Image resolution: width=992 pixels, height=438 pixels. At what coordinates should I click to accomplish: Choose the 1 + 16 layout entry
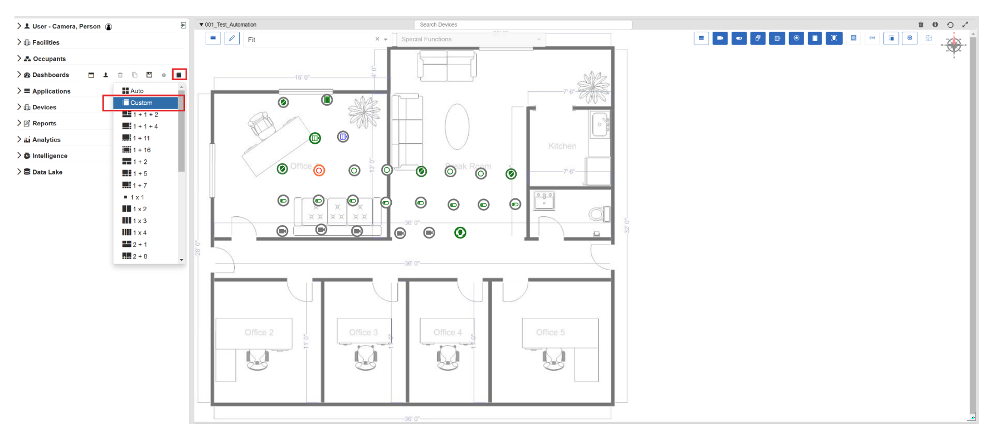point(142,150)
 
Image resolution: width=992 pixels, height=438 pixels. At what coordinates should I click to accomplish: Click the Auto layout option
point(137,91)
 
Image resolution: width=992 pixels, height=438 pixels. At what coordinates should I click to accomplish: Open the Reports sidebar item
point(44,124)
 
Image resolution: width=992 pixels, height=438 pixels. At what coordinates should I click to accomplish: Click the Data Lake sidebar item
point(47,172)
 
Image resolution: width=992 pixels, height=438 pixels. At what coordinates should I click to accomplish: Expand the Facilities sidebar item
point(46,42)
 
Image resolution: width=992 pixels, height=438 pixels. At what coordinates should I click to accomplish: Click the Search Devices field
point(523,25)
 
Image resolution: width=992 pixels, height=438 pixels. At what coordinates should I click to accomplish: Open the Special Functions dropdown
point(471,40)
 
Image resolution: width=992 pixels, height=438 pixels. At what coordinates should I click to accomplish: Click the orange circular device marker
point(319,171)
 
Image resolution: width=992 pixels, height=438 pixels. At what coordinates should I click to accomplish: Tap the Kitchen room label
point(562,146)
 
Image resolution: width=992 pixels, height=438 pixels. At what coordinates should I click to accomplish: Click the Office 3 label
point(363,332)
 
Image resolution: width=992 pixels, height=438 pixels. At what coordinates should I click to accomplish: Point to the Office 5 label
point(550,332)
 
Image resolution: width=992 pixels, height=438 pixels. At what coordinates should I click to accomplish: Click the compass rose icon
point(954,45)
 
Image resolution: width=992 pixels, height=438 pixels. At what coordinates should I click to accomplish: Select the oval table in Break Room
point(457,126)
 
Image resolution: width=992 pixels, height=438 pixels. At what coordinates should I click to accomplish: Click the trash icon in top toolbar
point(921,25)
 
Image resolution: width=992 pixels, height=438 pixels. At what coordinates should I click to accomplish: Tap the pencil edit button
point(232,38)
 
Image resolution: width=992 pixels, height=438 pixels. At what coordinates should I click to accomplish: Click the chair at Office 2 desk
point(257,359)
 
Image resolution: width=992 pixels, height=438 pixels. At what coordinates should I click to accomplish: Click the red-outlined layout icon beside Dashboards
point(179,75)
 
